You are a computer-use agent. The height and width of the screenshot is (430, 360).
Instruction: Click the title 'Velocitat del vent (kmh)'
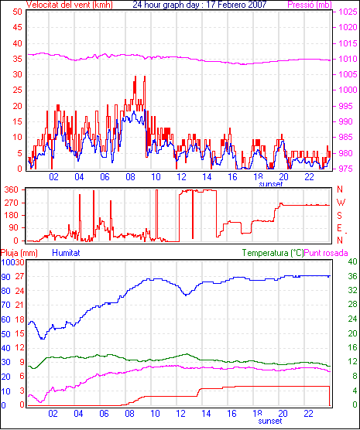(x=70, y=5)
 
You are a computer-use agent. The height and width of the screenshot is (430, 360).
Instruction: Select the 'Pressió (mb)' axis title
(x=310, y=5)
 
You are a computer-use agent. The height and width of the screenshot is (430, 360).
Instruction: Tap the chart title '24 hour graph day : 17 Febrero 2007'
(x=200, y=5)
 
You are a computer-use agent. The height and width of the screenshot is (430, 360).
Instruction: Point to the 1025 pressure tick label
(x=348, y=12)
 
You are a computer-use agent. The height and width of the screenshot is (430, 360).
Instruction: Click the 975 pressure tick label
(x=348, y=169)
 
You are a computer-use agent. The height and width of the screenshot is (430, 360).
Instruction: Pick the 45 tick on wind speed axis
(x=17, y=27)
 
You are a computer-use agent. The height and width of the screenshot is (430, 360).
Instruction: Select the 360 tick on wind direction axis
(x=12, y=189)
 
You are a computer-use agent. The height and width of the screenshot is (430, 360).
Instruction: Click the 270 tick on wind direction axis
(x=12, y=203)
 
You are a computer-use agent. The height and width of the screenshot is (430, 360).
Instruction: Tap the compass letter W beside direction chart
(x=341, y=203)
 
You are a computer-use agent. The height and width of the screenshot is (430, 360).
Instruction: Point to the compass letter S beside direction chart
(x=339, y=216)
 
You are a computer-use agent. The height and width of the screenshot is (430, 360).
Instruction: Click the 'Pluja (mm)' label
(x=19, y=253)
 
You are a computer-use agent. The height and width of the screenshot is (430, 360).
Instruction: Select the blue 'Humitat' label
(x=66, y=253)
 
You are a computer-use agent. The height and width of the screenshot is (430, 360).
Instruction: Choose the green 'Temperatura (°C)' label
(x=273, y=253)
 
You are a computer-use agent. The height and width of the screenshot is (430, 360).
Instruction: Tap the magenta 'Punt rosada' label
(x=326, y=253)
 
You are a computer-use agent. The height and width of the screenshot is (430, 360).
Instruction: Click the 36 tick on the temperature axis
(x=352, y=276)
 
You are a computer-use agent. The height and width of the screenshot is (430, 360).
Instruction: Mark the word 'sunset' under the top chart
(x=271, y=183)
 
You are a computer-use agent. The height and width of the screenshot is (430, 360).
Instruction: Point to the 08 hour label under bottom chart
(x=129, y=413)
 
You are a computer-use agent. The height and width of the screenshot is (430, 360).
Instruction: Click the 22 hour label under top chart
(x=309, y=177)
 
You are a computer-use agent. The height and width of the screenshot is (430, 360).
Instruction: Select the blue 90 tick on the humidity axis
(x=5, y=277)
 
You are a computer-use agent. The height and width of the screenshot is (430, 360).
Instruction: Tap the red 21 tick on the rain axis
(x=19, y=305)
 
